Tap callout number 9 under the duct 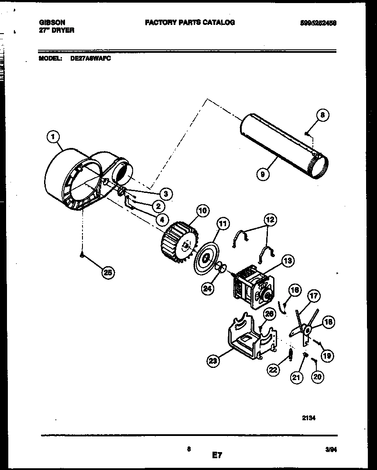click(262, 175)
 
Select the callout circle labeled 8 click(322, 115)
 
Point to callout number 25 click(108, 273)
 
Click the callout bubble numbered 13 click(287, 261)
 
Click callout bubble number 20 click(317, 376)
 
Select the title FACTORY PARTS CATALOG click(190, 22)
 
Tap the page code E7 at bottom click(217, 456)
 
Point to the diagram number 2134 click(308, 418)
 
